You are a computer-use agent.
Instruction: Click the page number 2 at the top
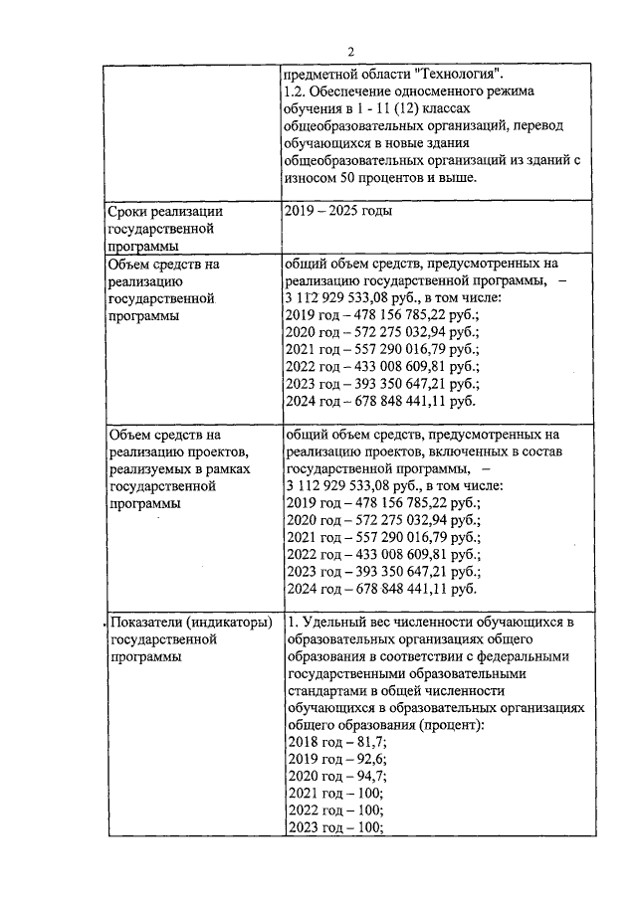pos(351,53)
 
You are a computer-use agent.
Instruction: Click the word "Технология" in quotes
pos(459,74)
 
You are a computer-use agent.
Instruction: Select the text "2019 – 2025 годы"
pos(338,211)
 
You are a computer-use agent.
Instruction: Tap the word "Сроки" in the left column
pos(131,211)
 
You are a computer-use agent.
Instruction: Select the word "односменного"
pos(416,90)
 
